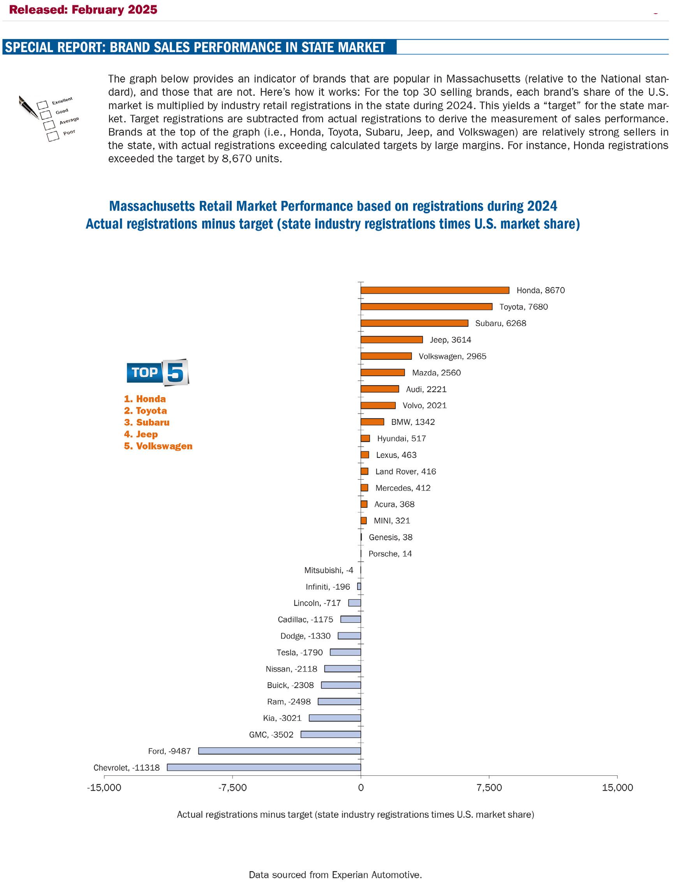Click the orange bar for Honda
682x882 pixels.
click(434, 290)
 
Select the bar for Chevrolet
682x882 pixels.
click(264, 767)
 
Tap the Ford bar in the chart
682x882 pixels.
click(279, 750)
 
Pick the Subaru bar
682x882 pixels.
click(414, 323)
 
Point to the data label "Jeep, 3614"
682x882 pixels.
click(450, 340)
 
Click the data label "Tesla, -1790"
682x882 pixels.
click(300, 652)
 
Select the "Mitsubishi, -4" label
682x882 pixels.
click(328, 570)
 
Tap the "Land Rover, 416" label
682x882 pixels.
click(405, 471)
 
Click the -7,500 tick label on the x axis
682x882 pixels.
click(232, 787)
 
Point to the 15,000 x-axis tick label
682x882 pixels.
click(617, 787)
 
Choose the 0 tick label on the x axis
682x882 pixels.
click(361, 787)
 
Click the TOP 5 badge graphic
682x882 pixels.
click(157, 372)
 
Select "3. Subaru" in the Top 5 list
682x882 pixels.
click(147, 422)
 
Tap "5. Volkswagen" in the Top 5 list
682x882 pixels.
click(158, 446)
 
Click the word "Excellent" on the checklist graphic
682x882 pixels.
click(62, 100)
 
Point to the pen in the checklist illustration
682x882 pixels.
click(28, 107)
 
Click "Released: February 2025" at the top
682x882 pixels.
click(83, 10)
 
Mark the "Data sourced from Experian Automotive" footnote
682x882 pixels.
click(335, 874)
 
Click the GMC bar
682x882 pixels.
click(331, 734)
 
